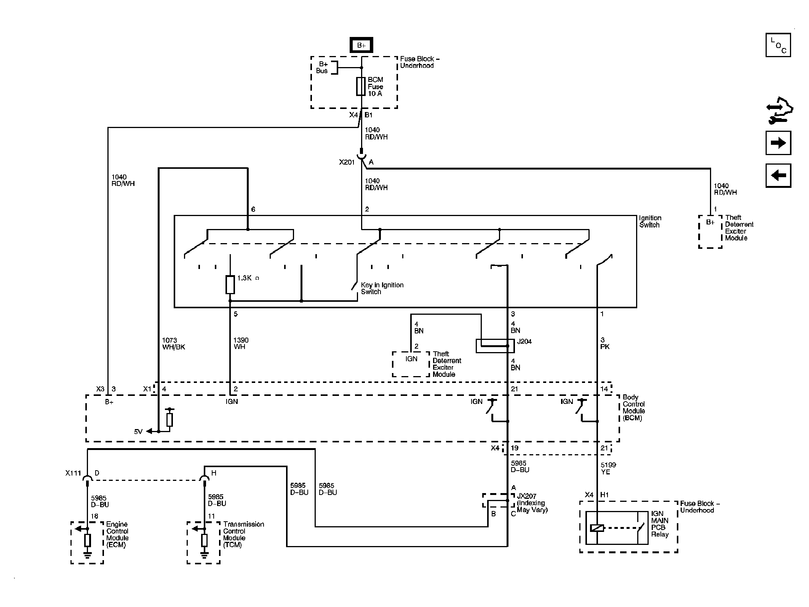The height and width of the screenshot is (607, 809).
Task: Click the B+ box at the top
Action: pyautogui.click(x=361, y=45)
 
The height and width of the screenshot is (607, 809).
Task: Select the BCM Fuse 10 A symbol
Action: pyautogui.click(x=361, y=86)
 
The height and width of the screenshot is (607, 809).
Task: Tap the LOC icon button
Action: pyautogui.click(x=778, y=45)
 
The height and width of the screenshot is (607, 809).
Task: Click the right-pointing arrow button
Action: pyautogui.click(x=778, y=143)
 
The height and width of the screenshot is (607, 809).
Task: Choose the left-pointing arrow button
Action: pyautogui.click(x=778, y=176)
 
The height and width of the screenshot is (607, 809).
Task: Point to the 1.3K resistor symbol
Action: pyautogui.click(x=230, y=285)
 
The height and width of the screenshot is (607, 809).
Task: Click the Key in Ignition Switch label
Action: pyautogui.click(x=382, y=288)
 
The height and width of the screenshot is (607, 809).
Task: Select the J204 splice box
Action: pyautogui.click(x=495, y=346)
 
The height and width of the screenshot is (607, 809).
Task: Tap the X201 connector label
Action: pyautogui.click(x=347, y=162)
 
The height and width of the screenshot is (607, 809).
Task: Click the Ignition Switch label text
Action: pyautogui.click(x=650, y=221)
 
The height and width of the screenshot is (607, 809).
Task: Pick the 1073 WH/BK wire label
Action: pyautogui.click(x=174, y=344)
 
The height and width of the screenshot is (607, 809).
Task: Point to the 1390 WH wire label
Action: pyautogui.click(x=241, y=344)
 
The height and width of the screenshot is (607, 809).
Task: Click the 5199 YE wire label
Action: pyautogui.click(x=608, y=468)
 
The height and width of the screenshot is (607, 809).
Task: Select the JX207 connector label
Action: pyautogui.click(x=532, y=503)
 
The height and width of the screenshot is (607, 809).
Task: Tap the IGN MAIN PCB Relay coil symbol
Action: pyautogui.click(x=597, y=528)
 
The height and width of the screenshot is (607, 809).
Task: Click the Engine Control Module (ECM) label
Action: pyautogui.click(x=117, y=535)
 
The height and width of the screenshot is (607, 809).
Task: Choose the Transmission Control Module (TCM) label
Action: pyautogui.click(x=243, y=535)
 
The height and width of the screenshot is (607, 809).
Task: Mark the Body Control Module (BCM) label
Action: pyautogui.click(x=634, y=408)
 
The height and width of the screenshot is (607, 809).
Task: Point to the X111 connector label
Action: pyautogui.click(x=73, y=473)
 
